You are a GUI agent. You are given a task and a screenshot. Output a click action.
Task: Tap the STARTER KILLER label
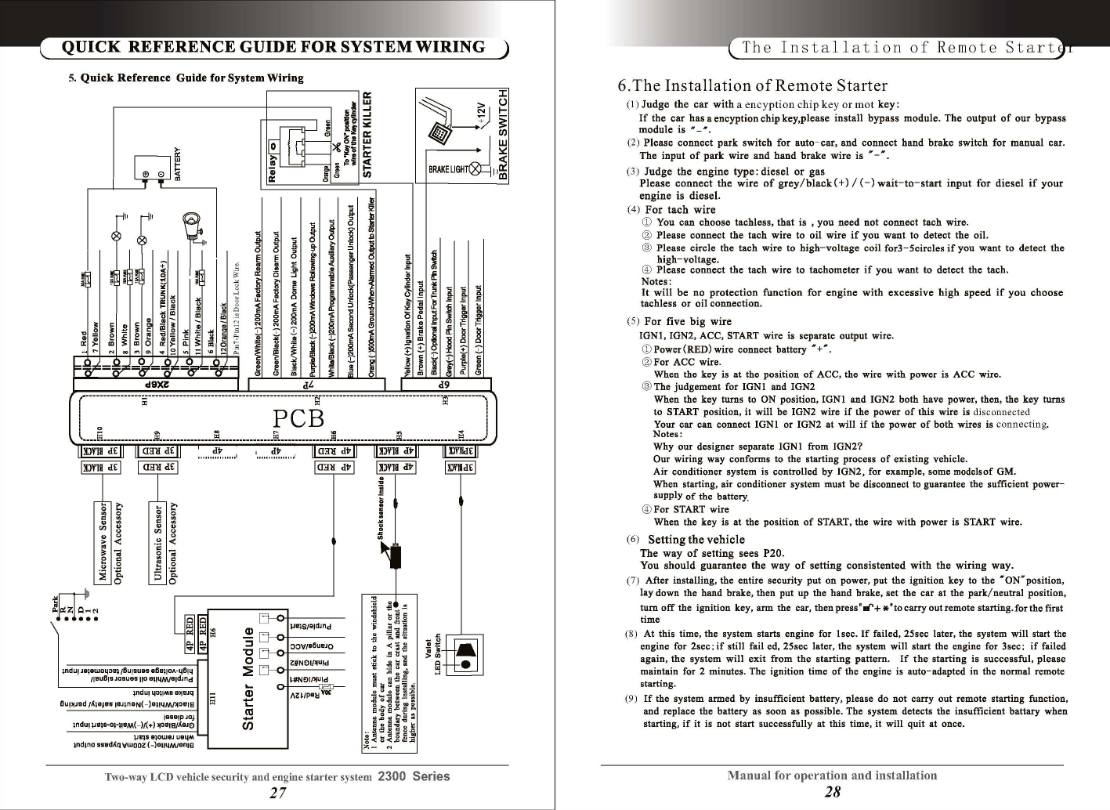pyautogui.click(x=374, y=134)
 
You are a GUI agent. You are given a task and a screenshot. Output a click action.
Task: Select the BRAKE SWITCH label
pyautogui.click(x=504, y=134)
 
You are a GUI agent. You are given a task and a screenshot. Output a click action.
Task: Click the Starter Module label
pyautogui.click(x=248, y=678)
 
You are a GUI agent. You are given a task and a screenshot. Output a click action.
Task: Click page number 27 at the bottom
pyautogui.click(x=277, y=793)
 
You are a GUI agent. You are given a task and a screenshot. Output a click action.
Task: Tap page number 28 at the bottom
pyautogui.click(x=833, y=792)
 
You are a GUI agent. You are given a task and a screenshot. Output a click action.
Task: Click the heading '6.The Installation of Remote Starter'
pyautogui.click(x=753, y=85)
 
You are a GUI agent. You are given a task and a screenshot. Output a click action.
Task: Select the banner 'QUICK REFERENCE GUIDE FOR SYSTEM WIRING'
pyautogui.click(x=273, y=47)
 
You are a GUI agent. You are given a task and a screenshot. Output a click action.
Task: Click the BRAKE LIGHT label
pyautogui.click(x=449, y=170)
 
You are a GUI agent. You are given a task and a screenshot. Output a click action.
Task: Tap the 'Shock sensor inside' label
pyautogui.click(x=381, y=508)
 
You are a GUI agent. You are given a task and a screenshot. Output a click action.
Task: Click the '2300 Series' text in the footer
pyautogui.click(x=414, y=777)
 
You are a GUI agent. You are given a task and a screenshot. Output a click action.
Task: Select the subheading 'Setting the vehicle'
pyautogui.click(x=696, y=539)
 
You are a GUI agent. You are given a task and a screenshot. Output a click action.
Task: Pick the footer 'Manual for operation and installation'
pyautogui.click(x=832, y=776)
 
